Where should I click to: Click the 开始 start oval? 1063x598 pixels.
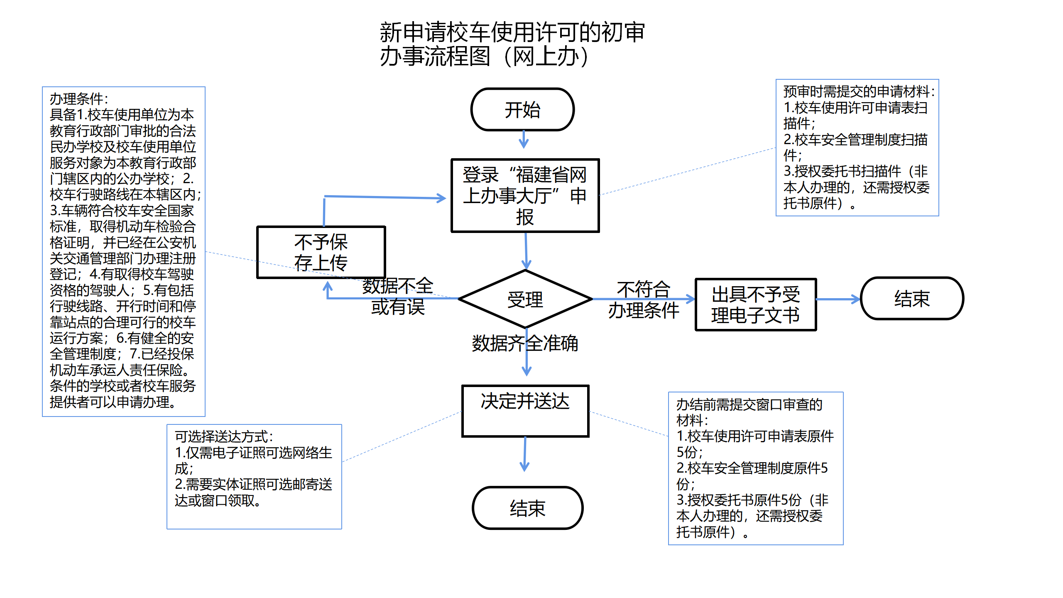[522, 110]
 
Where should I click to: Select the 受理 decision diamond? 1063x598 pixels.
[525, 299]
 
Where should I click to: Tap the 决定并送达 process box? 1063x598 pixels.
[525, 411]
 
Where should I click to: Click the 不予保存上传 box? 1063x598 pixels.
[321, 252]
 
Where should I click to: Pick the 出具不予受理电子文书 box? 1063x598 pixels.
[756, 304]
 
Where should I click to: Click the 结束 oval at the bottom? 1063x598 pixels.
[527, 508]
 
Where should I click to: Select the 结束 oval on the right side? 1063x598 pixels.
[912, 299]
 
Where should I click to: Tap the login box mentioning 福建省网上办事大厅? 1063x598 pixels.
[525, 196]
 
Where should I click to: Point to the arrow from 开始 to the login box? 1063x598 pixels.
[524, 140]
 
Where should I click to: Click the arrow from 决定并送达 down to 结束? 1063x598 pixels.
[525, 454]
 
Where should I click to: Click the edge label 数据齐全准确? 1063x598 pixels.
[525, 343]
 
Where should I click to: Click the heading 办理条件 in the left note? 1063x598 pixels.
[79, 99]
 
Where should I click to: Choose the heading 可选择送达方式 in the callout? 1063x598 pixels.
[224, 436]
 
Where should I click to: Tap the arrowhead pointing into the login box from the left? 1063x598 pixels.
[442, 198]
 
